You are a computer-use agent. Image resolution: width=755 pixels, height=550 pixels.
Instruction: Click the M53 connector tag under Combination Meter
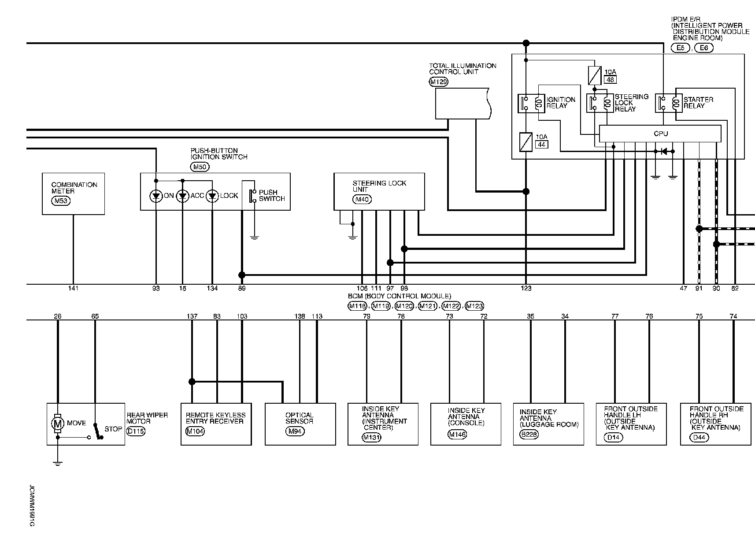tap(61, 201)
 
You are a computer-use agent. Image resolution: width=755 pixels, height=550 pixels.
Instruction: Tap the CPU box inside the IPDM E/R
tap(660, 134)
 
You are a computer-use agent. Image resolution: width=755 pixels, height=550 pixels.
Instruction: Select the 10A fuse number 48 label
tap(610, 80)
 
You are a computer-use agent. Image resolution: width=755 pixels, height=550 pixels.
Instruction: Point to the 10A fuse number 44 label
tap(541, 144)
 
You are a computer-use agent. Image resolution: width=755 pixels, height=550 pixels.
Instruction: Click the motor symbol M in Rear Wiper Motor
tap(57, 424)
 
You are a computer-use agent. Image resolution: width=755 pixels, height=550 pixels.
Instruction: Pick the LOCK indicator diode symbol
tap(212, 196)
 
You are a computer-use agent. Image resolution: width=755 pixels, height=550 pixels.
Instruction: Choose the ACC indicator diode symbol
tap(182, 196)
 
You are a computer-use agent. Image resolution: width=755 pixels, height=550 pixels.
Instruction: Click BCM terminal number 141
tap(73, 288)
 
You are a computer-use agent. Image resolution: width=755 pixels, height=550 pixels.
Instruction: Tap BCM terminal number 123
tap(526, 288)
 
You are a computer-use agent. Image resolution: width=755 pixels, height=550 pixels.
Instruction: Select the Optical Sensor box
tap(300, 424)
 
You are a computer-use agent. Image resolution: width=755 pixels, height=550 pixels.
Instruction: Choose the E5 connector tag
tap(681, 48)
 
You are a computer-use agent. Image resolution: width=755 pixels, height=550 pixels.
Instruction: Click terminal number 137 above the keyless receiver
tap(192, 316)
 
